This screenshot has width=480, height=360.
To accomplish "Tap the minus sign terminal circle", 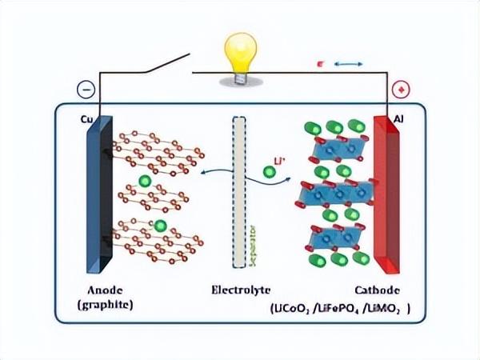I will pos(86,90).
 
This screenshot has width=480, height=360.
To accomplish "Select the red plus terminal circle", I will pos(403,90).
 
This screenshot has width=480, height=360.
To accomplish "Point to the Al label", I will pos(399,119).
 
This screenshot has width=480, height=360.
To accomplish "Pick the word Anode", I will pos(106,290).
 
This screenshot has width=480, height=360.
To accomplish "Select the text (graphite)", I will pos(106,306).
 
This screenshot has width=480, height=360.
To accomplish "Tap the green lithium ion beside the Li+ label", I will pos(270,171).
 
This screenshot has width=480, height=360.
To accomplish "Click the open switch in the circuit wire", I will pos(168,64).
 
